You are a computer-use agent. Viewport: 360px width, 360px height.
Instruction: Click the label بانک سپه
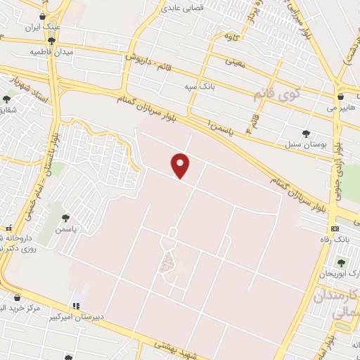click(198, 86)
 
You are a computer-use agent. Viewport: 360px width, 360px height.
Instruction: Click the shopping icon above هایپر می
click(341, 96)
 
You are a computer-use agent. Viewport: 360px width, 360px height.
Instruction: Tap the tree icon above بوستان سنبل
click(305, 133)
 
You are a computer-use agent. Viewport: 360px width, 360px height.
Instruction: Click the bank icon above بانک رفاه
click(335, 229)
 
